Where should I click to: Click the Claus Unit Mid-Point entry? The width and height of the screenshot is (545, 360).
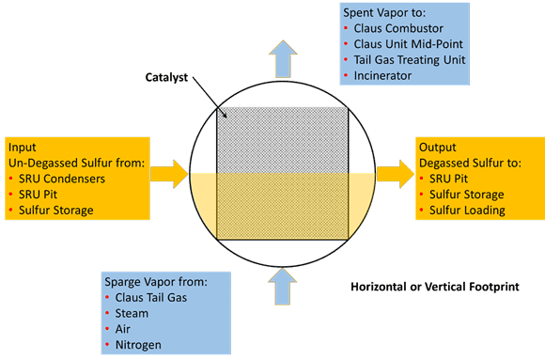point(413,44)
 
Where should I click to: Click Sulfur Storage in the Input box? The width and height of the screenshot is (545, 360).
point(56,210)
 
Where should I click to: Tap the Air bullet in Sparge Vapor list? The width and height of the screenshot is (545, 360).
point(127,330)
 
